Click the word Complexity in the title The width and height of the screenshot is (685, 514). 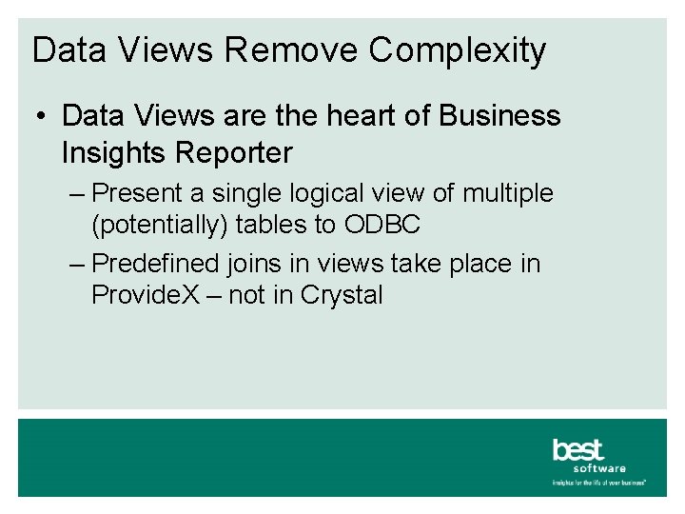tap(458, 50)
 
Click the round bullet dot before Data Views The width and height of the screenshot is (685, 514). tap(41, 117)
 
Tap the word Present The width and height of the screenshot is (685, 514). tap(139, 193)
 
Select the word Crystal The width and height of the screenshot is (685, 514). tap(341, 295)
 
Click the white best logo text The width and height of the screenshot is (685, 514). tap(577, 449)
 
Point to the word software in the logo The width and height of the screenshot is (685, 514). tap(599, 468)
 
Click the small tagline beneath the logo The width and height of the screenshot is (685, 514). tap(599, 483)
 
